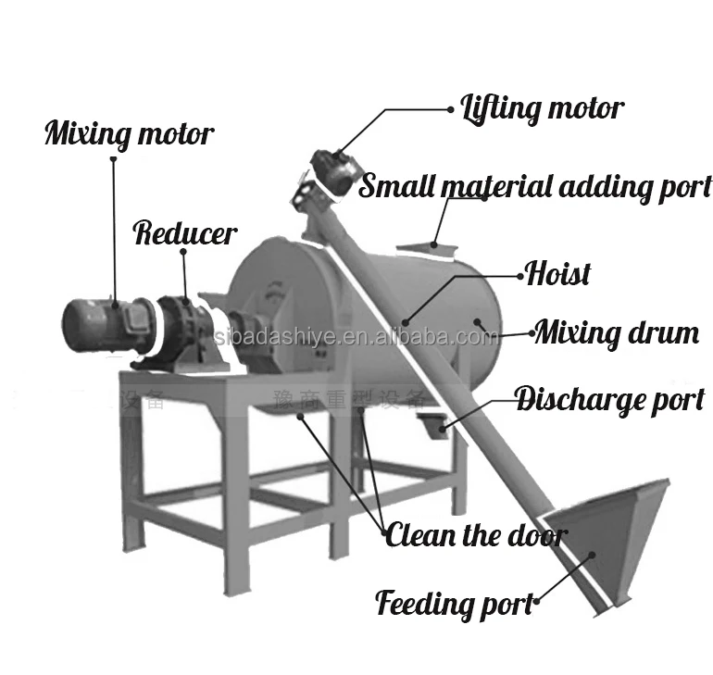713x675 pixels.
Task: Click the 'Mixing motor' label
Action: pos(129,134)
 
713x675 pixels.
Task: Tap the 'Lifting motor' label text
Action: pos(542,108)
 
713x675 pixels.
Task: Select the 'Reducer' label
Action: pos(185,233)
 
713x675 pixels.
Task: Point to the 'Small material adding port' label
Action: pos(535,186)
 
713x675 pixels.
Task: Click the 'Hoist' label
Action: pos(557,273)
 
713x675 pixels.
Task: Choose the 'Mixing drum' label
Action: pos(617,331)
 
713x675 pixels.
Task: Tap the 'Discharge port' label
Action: pos(609,400)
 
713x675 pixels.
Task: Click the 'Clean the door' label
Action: pos(476,534)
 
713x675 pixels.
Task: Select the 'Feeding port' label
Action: pos(456,604)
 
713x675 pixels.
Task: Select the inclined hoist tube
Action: pos(435,370)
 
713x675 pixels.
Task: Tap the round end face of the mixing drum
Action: pos(278,306)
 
